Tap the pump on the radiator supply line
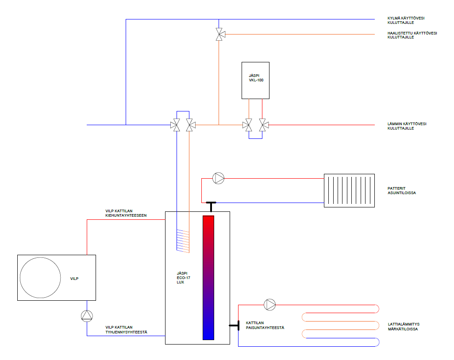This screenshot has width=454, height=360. (x=218, y=178)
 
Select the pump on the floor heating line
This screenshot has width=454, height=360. (x=270, y=305)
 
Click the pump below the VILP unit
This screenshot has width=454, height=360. (x=87, y=316)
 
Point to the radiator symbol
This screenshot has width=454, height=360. (x=349, y=191)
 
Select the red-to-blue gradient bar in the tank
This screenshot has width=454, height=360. (x=208, y=278)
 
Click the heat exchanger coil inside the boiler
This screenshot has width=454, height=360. (x=183, y=241)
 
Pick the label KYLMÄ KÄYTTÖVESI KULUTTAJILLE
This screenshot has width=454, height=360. (x=406, y=20)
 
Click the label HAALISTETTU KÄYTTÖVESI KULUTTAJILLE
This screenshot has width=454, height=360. (x=412, y=35)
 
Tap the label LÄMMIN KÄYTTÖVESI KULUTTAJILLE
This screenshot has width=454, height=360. (x=407, y=126)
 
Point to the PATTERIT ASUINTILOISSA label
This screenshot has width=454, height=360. (x=402, y=191)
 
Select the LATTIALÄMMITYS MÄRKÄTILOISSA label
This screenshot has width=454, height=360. (x=404, y=326)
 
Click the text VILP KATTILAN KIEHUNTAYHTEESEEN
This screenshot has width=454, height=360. (x=126, y=213)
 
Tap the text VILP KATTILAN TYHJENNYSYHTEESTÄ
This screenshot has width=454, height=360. (x=126, y=329)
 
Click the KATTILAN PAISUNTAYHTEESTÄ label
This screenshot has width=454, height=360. (x=265, y=325)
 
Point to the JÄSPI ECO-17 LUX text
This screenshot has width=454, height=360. (x=183, y=278)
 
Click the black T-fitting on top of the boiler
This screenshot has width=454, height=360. (x=211, y=207)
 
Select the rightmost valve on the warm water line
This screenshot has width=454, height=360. (x=263, y=125)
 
